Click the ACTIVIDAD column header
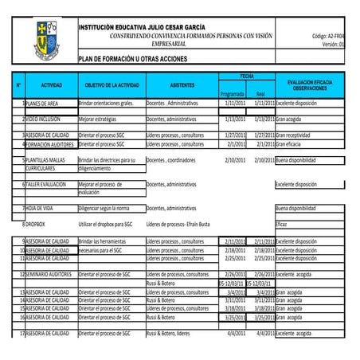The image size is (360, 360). pos(51,84)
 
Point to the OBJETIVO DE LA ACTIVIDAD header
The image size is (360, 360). pos(112,84)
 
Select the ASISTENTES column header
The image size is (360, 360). pos(182,84)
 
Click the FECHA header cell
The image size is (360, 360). pos(247,75)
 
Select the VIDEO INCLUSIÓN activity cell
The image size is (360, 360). pos(43,119)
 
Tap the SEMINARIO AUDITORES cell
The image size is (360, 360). pos(50,274)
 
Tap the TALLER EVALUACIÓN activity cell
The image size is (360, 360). pos(47,184)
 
